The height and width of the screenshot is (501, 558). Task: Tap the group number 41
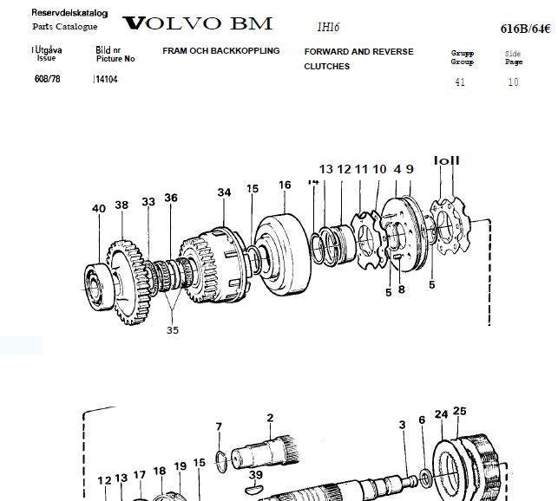coord(461,82)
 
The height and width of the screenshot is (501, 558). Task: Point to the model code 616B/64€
coord(525,29)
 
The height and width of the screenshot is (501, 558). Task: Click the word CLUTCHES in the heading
coord(326,67)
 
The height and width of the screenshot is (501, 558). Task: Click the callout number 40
coord(99,207)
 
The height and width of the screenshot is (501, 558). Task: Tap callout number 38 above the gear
coord(121,205)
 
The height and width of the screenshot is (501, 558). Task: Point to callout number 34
coord(225,192)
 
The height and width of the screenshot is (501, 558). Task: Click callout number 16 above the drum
coord(285,185)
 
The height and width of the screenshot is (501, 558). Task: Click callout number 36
coord(171,198)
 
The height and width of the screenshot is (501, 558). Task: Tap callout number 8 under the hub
coord(401,291)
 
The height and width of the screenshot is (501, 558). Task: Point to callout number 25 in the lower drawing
coord(460,411)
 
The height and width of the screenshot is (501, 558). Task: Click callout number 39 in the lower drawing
coord(255,474)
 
